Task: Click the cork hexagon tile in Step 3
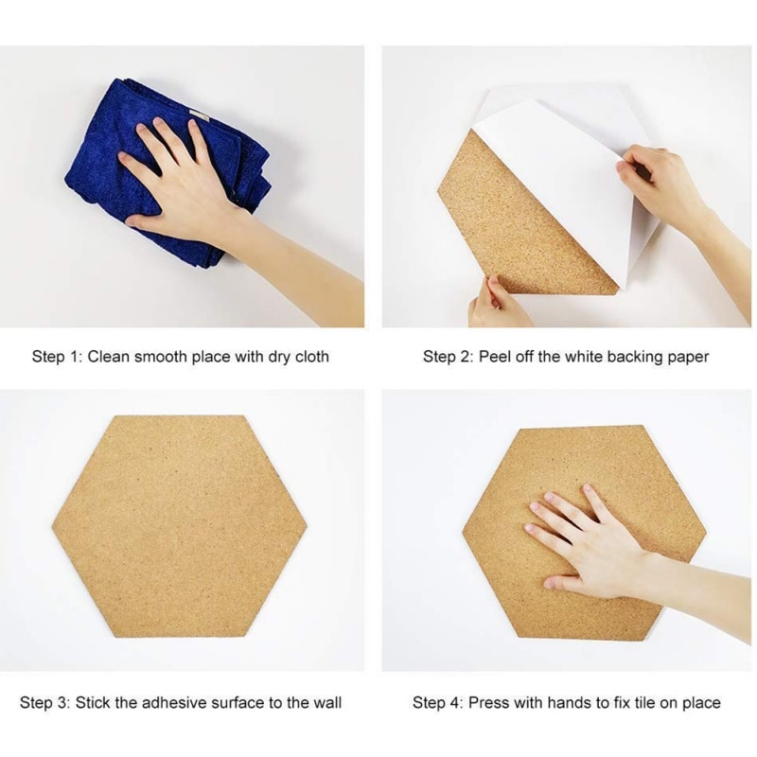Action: pos(180,525)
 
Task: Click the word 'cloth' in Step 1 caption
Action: pos(309,357)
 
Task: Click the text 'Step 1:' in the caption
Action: pos(58,357)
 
